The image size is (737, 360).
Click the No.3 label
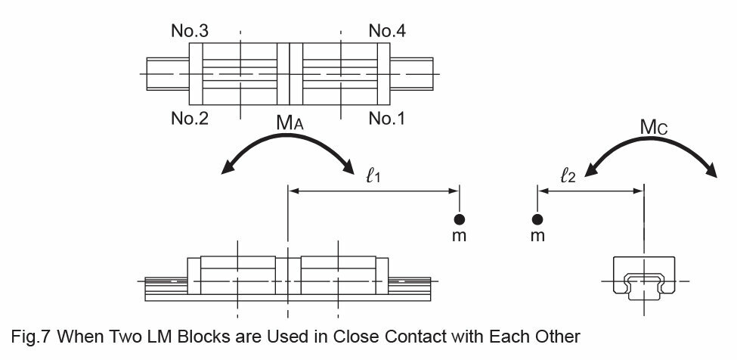pyautogui.click(x=190, y=31)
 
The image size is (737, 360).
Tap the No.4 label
pyautogui.click(x=387, y=31)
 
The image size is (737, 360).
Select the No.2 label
pyautogui.click(x=190, y=119)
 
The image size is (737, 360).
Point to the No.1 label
pyautogui.click(x=387, y=119)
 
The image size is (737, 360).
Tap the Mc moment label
pyautogui.click(x=654, y=127)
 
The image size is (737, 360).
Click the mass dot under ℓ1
pyautogui.click(x=460, y=219)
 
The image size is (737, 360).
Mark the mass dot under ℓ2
pyautogui.click(x=537, y=219)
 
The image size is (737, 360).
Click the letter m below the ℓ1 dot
pyautogui.click(x=460, y=235)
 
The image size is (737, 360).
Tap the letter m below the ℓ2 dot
pyautogui.click(x=537, y=235)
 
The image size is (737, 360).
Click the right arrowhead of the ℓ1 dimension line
pyautogui.click(x=454, y=191)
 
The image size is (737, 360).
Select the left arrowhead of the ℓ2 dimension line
pyautogui.click(x=543, y=191)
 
